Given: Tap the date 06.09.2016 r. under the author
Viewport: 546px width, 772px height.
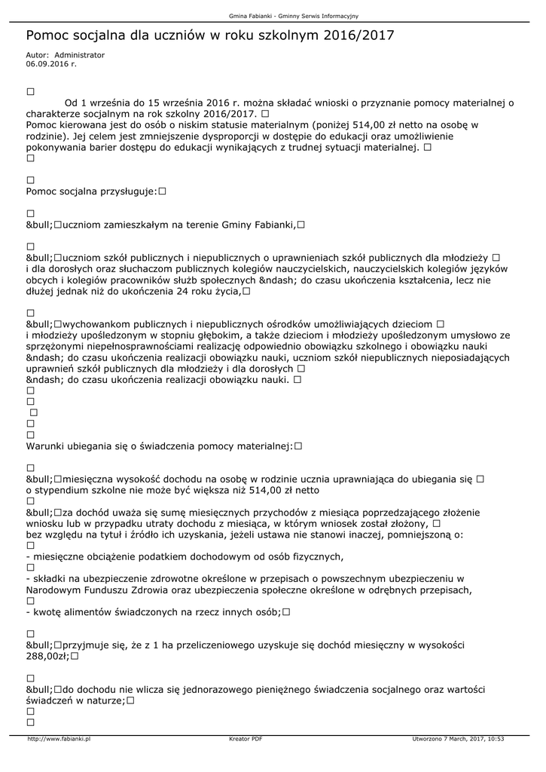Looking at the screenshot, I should pos(51,64).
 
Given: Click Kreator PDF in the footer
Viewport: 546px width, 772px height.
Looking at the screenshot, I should pos(246,739).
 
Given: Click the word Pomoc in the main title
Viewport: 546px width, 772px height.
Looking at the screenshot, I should pos(47,35).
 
